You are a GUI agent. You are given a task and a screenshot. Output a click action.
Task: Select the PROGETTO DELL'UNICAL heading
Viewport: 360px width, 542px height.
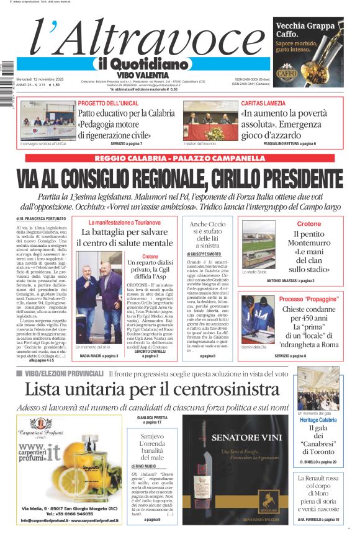coord(109,103)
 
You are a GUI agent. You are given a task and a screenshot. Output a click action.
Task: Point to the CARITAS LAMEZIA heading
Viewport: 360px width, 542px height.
coord(263,103)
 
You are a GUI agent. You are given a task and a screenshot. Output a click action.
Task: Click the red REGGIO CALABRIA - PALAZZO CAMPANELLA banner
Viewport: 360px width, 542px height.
coord(179,158)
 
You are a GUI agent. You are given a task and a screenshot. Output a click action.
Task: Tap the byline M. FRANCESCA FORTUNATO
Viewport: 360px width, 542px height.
coord(42,219)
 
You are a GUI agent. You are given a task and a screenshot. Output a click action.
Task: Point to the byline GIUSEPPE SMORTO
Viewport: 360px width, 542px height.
coord(204,254)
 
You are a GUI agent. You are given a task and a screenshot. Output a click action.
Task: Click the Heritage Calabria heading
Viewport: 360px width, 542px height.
coord(318,420)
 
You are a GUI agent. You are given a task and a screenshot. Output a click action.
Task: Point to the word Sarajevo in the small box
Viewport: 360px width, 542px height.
coord(151,436)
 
